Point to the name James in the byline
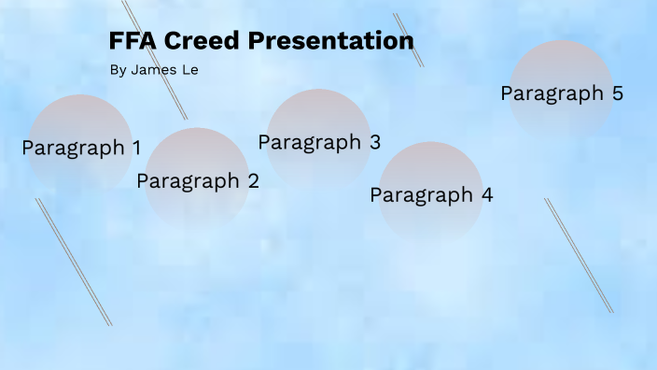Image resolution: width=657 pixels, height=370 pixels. (153, 70)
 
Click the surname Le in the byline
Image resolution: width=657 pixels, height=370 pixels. (190, 70)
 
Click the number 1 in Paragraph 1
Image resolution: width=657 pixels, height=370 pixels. (136, 148)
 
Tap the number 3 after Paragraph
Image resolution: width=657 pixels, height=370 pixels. (374, 142)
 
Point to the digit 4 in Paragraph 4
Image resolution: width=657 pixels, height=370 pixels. (486, 195)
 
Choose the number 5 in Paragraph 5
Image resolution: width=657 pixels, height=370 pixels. (617, 93)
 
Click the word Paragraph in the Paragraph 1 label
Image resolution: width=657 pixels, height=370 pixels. (73, 149)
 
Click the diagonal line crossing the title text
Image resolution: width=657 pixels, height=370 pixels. (155, 60)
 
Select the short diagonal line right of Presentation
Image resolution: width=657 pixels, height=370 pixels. (409, 40)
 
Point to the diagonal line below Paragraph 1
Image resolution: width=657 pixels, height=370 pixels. (74, 262)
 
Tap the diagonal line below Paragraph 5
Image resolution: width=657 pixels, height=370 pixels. (579, 255)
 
